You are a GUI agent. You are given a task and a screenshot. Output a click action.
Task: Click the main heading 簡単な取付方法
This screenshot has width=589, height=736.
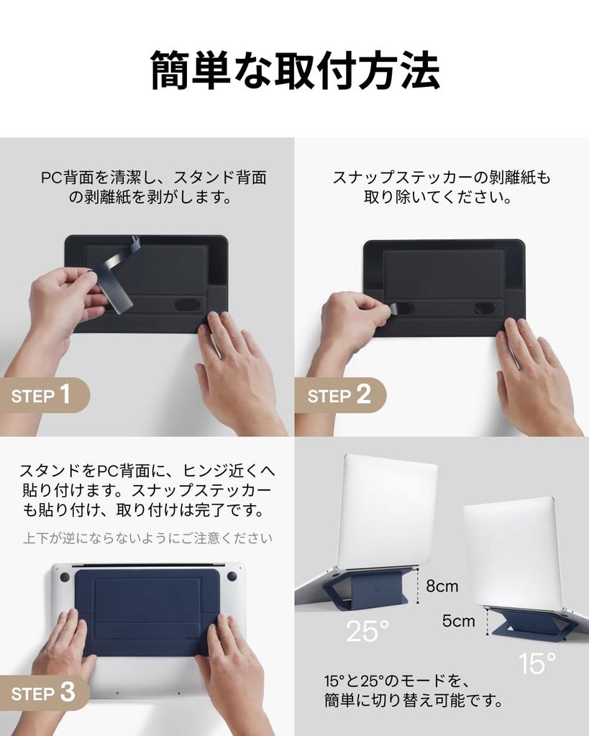point(294,71)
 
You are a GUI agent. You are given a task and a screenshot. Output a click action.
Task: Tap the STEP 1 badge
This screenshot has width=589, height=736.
point(43,395)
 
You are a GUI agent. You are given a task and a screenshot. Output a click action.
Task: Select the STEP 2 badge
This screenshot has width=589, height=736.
point(339,395)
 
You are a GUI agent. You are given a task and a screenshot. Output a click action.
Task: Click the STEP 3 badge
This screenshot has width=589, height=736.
point(43,693)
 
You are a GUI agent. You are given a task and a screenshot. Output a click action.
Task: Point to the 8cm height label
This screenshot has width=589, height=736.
point(442,586)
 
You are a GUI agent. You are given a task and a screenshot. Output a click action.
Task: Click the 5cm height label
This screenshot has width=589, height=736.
point(458,620)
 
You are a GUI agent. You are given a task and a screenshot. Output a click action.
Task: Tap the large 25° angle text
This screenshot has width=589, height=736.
point(367,631)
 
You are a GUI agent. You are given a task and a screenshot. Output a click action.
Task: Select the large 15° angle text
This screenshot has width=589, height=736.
point(537,663)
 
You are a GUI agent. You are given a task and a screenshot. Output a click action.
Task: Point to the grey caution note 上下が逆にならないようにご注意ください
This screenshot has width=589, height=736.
point(147,538)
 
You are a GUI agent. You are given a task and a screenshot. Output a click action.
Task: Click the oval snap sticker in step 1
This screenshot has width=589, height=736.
point(188,304)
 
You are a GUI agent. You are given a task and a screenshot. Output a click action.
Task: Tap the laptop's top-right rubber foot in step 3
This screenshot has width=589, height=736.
point(232,576)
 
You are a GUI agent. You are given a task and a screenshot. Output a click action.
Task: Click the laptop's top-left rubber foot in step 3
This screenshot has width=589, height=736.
point(65,576)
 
